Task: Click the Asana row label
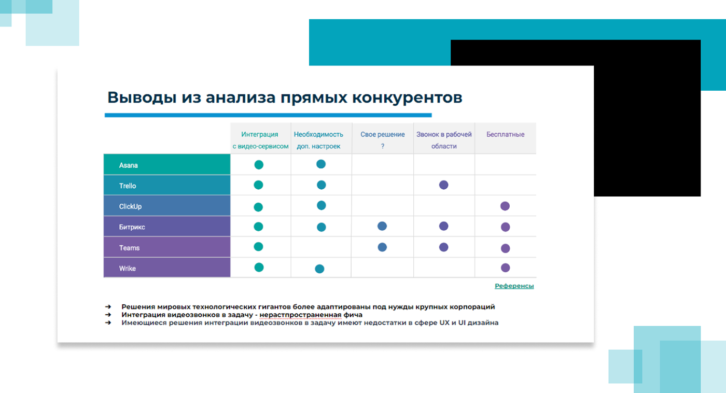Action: pyautogui.click(x=129, y=165)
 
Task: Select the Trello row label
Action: pyautogui.click(x=128, y=186)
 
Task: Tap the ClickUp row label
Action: pyautogui.click(x=130, y=206)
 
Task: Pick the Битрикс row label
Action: pyautogui.click(x=132, y=227)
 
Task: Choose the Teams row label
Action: pyautogui.click(x=129, y=248)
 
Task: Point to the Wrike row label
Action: pyautogui.click(x=128, y=269)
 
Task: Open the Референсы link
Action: pyautogui.click(x=514, y=286)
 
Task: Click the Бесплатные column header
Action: pyautogui.click(x=505, y=134)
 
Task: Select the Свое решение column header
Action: pyautogui.click(x=383, y=140)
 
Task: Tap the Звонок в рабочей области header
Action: pyautogui.click(x=444, y=140)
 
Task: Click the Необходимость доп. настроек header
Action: pyautogui.click(x=318, y=140)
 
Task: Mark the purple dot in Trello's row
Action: pyautogui.click(x=444, y=185)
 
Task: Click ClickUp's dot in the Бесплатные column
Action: pyautogui.click(x=505, y=206)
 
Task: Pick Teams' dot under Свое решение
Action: pyautogui.click(x=383, y=247)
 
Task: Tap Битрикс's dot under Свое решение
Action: pyautogui.click(x=382, y=226)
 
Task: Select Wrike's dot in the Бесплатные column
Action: pyautogui.click(x=505, y=268)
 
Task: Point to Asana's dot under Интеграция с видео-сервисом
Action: pyautogui.click(x=259, y=164)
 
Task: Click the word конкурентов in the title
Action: pyautogui.click(x=407, y=97)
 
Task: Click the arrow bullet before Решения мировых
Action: pyautogui.click(x=108, y=306)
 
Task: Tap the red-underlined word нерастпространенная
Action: pyautogui.click(x=300, y=315)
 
